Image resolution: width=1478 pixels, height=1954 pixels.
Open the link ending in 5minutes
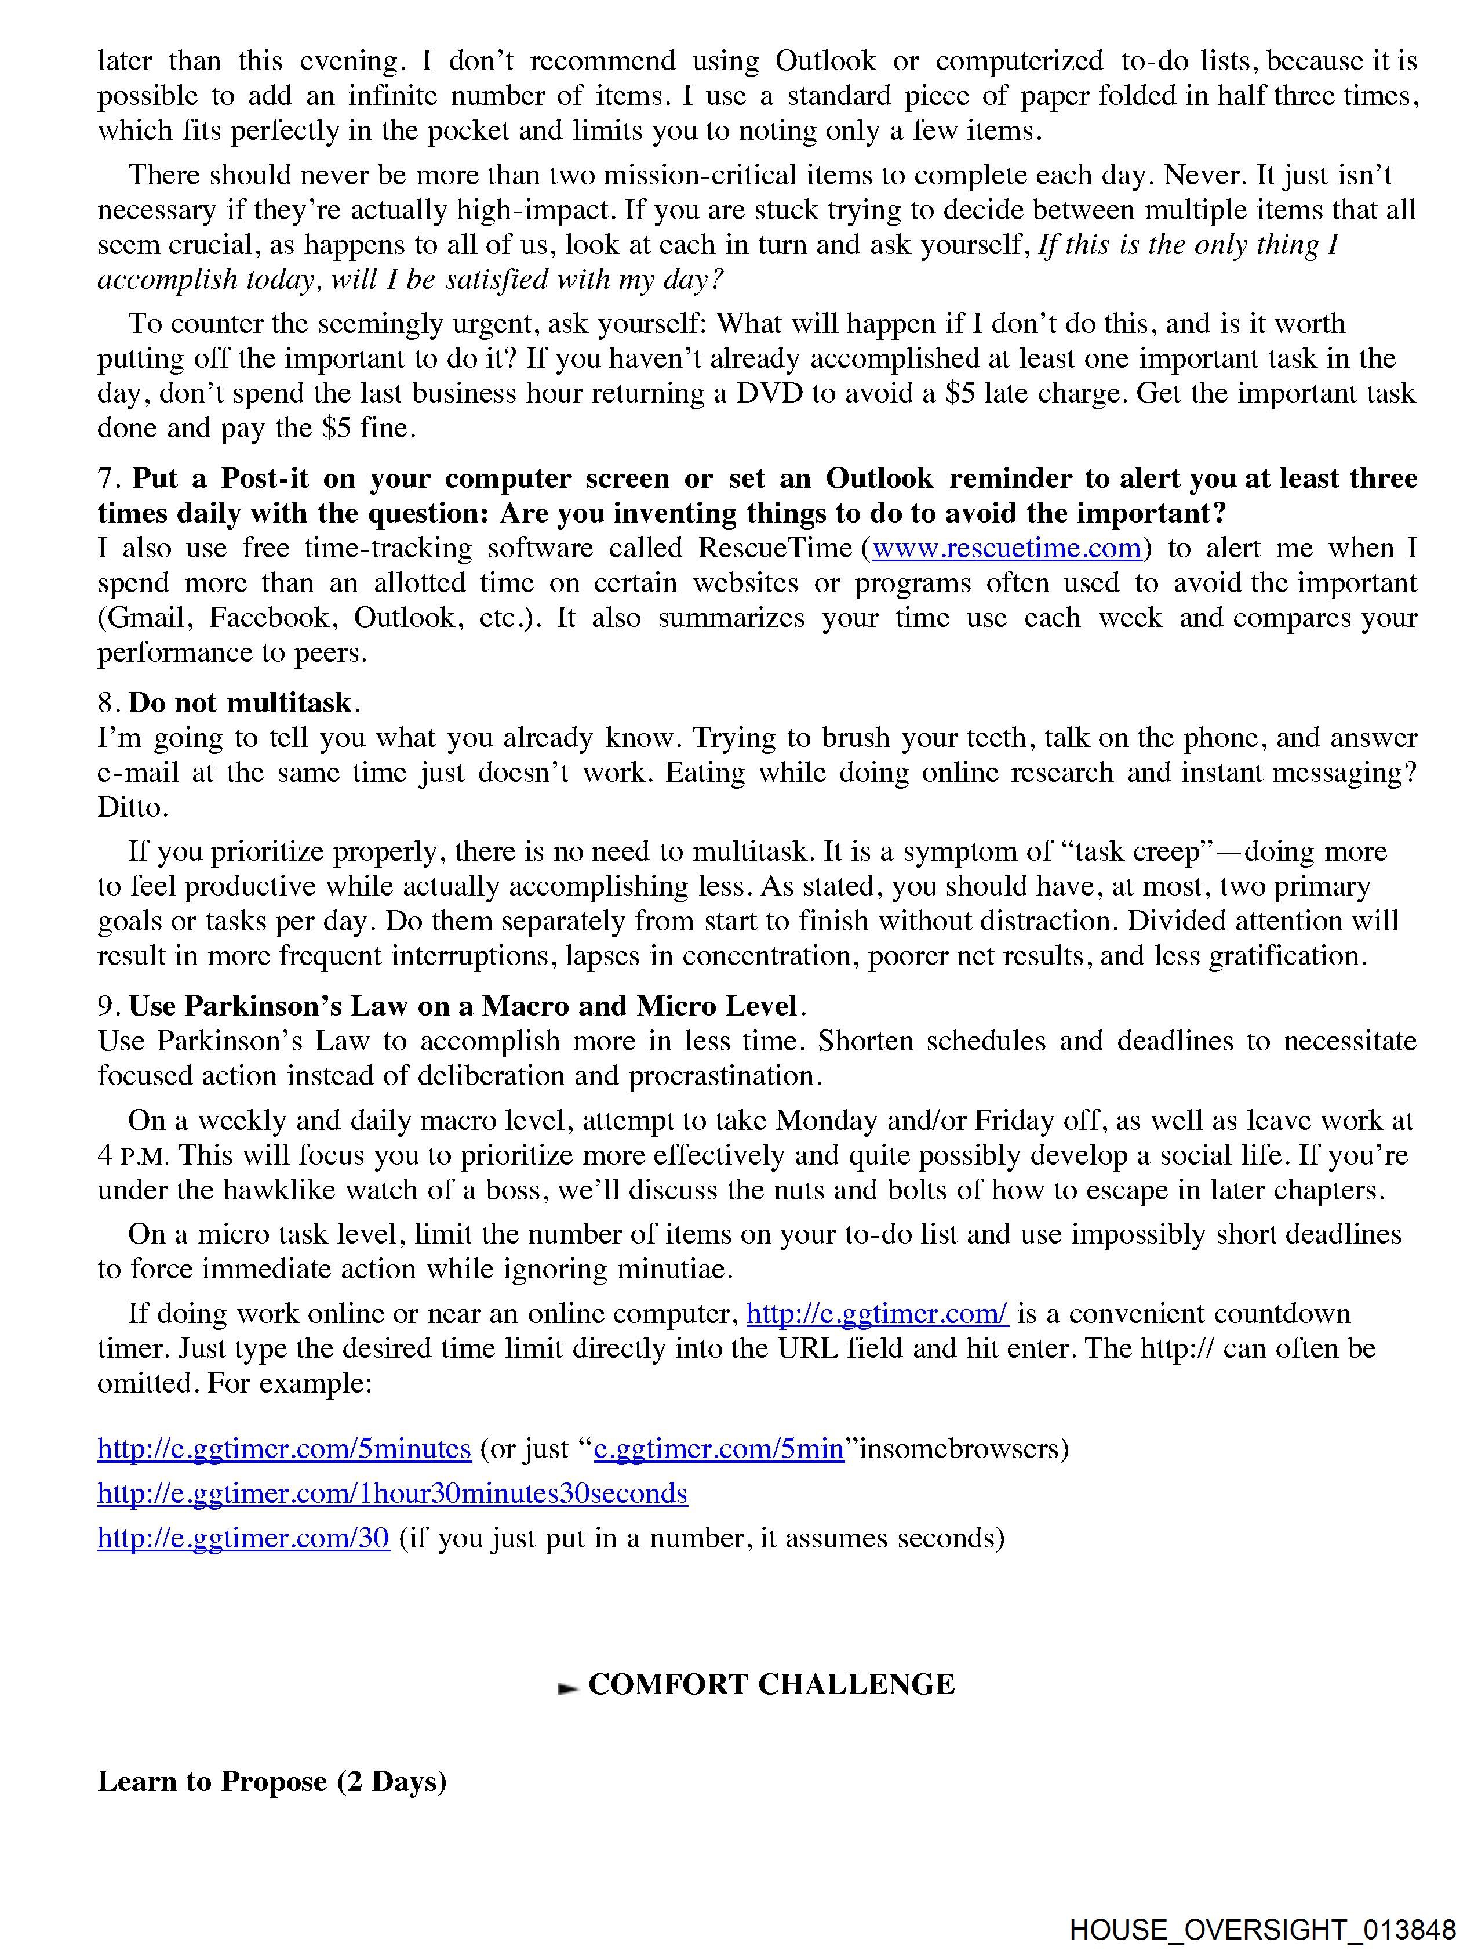tap(285, 1449)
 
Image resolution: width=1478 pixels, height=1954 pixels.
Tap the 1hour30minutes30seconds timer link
tap(392, 1493)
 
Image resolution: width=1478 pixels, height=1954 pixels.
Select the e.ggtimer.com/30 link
tap(243, 1538)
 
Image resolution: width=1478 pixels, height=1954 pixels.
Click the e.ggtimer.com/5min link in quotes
tap(719, 1449)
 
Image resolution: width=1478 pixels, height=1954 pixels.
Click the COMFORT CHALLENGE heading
tap(771, 1684)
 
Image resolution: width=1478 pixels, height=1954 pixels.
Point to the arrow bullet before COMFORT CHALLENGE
tap(567, 1688)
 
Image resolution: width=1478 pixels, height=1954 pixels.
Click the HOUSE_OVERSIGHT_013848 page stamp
tap(1262, 1928)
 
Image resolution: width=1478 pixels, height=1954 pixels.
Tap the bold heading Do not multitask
tap(239, 702)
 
